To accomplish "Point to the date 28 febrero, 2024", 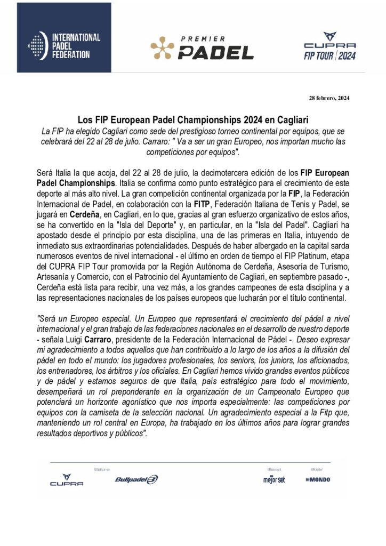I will pyautogui.click(x=329, y=98).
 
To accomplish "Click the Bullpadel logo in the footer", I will pyautogui.click(x=136, y=479).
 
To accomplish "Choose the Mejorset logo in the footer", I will pyautogui.click(x=274, y=479).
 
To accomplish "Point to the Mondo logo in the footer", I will pyautogui.click(x=318, y=479).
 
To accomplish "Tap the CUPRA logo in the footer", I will pyautogui.click(x=67, y=480).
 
